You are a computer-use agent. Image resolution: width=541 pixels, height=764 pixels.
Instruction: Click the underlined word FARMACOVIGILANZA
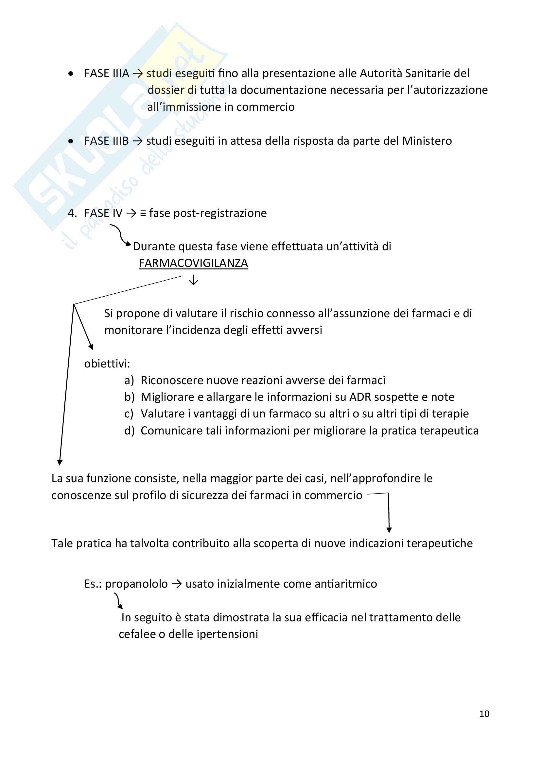193,263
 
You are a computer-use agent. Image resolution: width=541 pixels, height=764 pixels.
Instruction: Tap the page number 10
484,714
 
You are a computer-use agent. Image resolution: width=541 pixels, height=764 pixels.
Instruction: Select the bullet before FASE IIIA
71,74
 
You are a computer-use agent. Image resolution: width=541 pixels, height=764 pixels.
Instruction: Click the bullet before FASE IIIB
71,141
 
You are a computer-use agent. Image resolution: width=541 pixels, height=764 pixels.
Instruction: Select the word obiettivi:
107,364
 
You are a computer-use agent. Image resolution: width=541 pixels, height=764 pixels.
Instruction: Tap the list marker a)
129,380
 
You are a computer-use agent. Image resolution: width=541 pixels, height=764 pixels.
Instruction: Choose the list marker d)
129,431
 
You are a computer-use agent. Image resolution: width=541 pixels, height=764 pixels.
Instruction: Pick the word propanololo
136,584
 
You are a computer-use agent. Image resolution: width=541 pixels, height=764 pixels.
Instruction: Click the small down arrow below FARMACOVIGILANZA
193,280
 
